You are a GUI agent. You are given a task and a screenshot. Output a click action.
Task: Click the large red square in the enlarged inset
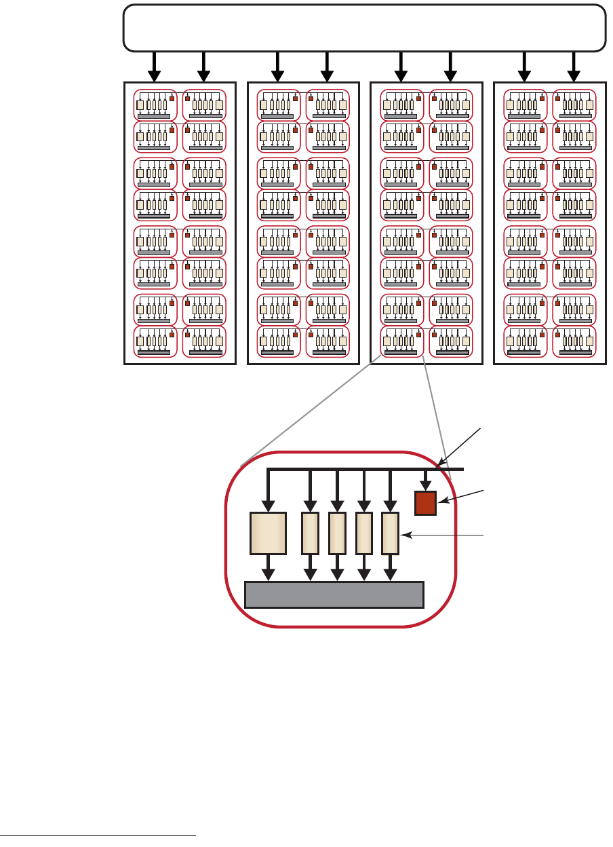426,503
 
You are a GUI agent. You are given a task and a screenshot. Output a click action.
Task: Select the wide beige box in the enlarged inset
269,533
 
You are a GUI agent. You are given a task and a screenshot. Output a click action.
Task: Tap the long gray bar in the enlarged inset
334,595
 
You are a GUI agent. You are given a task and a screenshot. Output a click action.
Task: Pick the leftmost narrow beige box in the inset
310,533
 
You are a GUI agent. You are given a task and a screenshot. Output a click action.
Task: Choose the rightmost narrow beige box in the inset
390,533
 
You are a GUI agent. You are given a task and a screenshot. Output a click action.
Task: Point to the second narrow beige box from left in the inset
337,533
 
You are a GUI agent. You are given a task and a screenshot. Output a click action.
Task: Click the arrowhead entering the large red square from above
426,485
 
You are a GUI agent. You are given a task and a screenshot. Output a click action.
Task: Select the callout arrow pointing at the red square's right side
461,495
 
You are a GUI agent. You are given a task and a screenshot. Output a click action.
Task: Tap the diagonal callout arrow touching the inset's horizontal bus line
461,447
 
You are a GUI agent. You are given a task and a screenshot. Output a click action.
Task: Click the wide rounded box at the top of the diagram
364,28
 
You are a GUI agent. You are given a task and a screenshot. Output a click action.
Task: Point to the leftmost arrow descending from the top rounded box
155,67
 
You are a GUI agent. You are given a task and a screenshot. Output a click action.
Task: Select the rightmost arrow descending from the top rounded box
574,67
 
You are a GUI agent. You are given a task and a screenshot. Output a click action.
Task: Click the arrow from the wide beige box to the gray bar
269,569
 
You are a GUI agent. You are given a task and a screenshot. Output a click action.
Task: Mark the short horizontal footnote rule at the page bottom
98,835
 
